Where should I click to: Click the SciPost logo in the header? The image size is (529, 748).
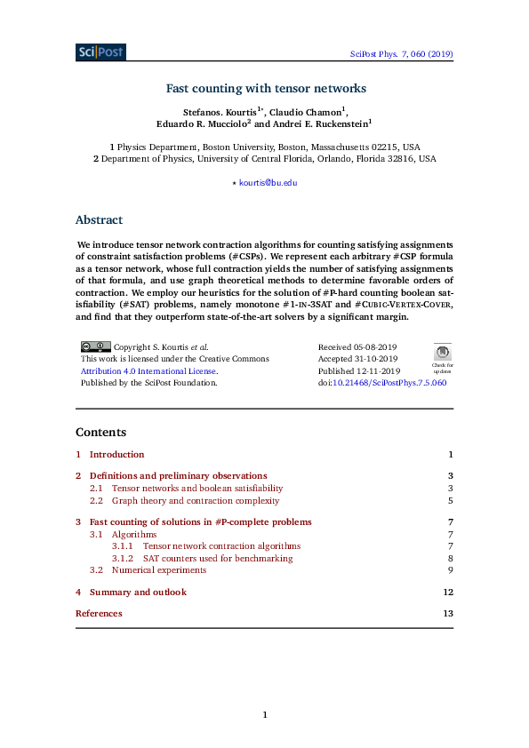(100, 52)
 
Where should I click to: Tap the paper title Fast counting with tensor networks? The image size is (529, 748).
(266, 89)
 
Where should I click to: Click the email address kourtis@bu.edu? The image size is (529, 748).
(269, 182)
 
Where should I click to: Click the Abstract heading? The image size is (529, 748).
(99, 220)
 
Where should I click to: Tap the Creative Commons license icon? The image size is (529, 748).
(95, 346)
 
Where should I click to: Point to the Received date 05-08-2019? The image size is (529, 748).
(357, 347)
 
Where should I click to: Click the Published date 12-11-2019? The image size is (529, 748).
(359, 371)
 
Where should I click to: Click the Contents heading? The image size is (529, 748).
(100, 432)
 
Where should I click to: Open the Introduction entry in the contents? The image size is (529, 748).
(116, 454)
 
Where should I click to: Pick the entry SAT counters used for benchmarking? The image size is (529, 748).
(217, 558)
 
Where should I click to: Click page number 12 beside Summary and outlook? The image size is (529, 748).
(448, 592)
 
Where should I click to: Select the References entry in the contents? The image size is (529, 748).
(99, 613)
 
